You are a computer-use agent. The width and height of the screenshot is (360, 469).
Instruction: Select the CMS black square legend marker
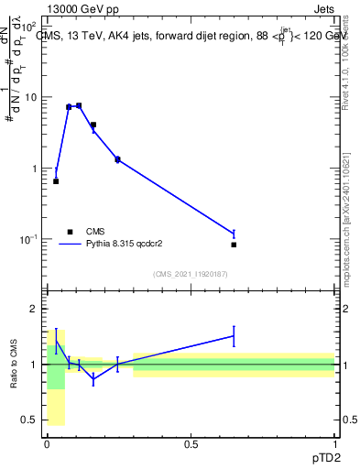click(x=70, y=232)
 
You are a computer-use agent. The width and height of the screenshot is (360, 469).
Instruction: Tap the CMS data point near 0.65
click(x=234, y=245)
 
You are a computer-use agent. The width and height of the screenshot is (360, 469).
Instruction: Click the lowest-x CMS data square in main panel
click(x=56, y=181)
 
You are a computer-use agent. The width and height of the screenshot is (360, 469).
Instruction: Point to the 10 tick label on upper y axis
click(x=29, y=98)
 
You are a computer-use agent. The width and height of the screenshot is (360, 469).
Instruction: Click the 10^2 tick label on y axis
click(x=27, y=27)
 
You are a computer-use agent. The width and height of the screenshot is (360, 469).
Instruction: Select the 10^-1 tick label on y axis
click(x=27, y=239)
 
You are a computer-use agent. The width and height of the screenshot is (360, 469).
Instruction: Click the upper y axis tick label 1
click(x=34, y=169)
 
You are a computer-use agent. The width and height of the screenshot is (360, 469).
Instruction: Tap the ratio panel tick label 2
click(x=34, y=310)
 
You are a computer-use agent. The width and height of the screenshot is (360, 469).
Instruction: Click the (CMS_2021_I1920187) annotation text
click(x=191, y=274)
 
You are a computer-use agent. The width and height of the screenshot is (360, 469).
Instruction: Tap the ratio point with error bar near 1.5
click(x=234, y=336)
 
